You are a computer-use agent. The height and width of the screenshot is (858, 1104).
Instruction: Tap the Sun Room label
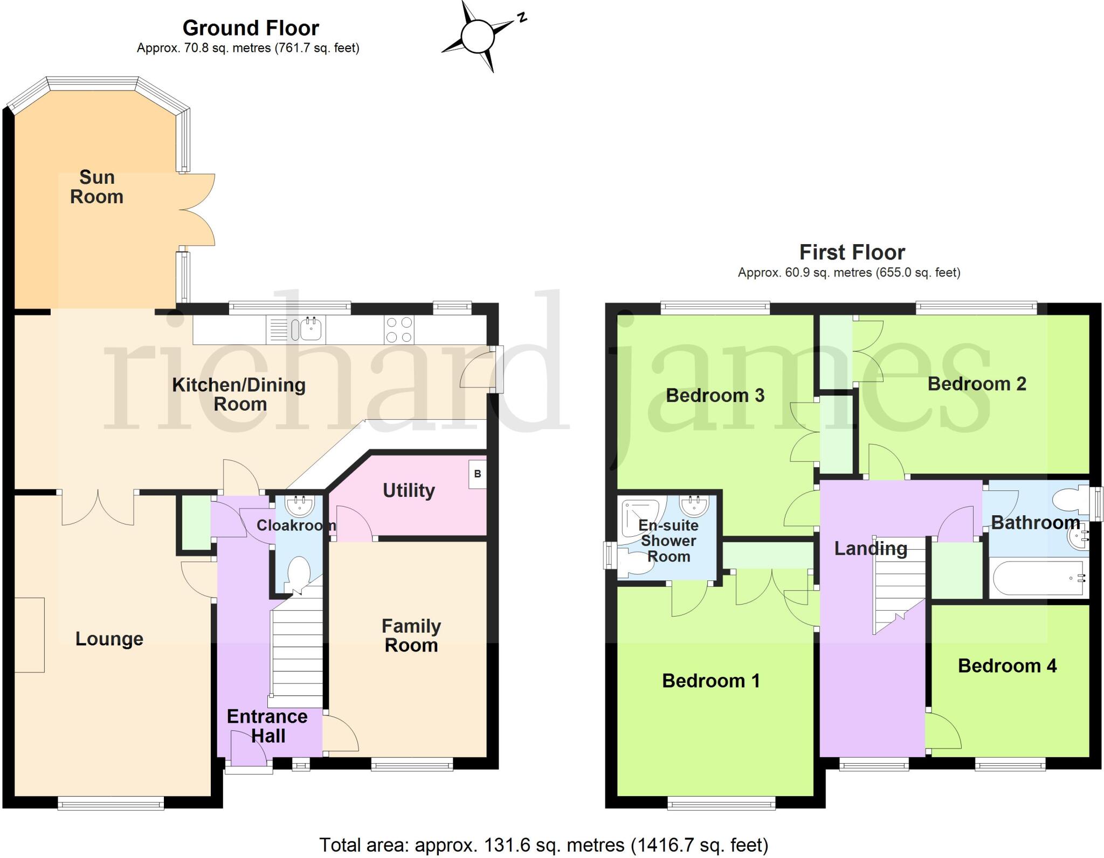click(96, 187)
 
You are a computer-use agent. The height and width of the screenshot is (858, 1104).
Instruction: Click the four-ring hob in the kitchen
click(399, 329)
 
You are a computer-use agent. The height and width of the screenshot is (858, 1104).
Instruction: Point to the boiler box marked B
click(477, 474)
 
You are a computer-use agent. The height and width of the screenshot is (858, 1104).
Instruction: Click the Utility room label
click(409, 490)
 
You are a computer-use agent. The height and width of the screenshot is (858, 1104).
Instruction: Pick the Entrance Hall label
click(267, 726)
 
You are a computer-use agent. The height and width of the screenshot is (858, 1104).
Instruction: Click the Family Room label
click(411, 635)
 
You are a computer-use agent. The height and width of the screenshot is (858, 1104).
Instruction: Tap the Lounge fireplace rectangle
click(29, 635)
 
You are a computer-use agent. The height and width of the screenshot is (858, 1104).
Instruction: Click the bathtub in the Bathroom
click(1038, 578)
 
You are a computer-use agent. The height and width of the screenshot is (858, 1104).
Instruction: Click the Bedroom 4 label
click(1007, 666)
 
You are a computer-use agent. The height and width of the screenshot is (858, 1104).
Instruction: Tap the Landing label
click(871, 549)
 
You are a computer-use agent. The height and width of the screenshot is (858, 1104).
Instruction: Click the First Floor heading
click(852, 252)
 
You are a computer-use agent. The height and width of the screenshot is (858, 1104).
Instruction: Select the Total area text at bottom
click(543, 845)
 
